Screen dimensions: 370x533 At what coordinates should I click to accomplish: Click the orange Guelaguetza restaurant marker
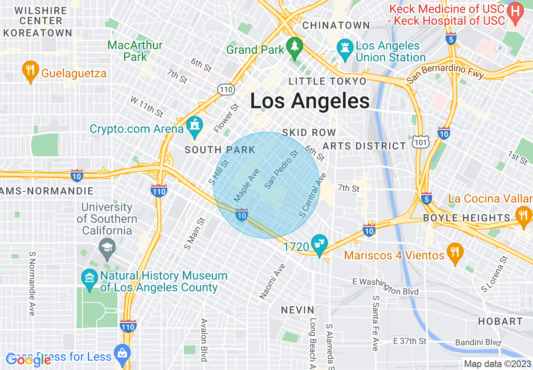pyautogui.click(x=30, y=71)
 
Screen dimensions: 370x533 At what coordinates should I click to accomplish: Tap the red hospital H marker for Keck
pyautogui.click(x=515, y=11)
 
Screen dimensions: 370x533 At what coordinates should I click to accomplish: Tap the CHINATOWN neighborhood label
pyautogui.click(x=336, y=25)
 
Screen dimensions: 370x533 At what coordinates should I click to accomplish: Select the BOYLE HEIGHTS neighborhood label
pyautogui.click(x=467, y=218)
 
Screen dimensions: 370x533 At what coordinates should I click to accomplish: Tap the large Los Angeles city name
pyautogui.click(x=310, y=101)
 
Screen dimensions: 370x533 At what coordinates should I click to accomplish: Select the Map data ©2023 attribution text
pyautogui.click(x=497, y=364)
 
